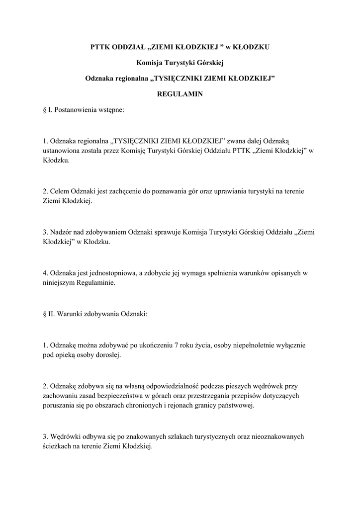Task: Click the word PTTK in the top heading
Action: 100,48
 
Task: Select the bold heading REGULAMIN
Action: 180,93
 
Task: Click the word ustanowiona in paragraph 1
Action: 62,150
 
